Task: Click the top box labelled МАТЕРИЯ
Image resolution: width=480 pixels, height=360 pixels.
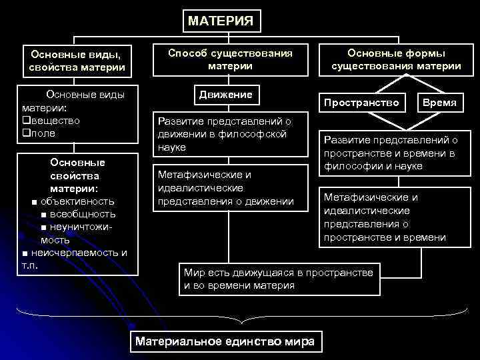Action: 220,21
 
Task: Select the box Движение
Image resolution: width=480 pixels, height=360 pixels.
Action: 225,95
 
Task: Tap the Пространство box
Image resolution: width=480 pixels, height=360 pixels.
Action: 361,103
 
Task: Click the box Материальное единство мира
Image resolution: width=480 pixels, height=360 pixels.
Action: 225,341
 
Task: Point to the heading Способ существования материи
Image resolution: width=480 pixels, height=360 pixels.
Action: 230,59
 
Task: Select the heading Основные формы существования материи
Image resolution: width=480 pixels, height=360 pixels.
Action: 397,59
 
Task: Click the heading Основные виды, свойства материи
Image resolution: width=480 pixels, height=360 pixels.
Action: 77,61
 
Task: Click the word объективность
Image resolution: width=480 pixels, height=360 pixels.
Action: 77,201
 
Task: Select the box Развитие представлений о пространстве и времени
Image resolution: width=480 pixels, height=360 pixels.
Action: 390,153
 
